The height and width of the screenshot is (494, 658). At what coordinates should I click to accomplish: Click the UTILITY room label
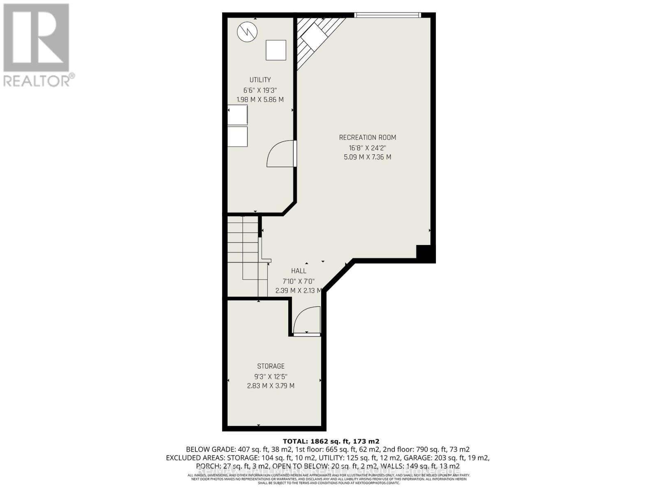click(x=260, y=80)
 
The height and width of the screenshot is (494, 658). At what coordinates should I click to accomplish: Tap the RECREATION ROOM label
click(x=367, y=137)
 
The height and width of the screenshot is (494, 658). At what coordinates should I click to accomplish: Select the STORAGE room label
click(x=271, y=366)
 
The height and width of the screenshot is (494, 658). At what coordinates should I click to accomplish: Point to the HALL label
click(x=299, y=271)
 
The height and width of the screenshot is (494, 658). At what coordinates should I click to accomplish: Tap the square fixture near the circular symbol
click(x=276, y=50)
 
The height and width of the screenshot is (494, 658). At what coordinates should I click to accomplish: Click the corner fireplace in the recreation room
click(x=315, y=39)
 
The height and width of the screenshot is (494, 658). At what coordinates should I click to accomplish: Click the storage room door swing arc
click(x=306, y=321)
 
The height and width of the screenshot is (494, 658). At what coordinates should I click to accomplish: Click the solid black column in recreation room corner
click(x=425, y=253)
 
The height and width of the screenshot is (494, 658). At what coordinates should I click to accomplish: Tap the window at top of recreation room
click(x=388, y=15)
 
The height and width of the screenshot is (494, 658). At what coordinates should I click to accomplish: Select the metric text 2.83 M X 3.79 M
click(x=271, y=386)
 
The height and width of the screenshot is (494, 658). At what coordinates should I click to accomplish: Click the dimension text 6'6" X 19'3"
click(x=260, y=90)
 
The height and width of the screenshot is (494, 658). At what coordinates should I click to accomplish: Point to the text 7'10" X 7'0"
click(x=299, y=281)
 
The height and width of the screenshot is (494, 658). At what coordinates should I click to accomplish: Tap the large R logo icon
click(x=36, y=38)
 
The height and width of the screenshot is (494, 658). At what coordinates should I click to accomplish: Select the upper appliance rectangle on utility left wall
click(x=238, y=115)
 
